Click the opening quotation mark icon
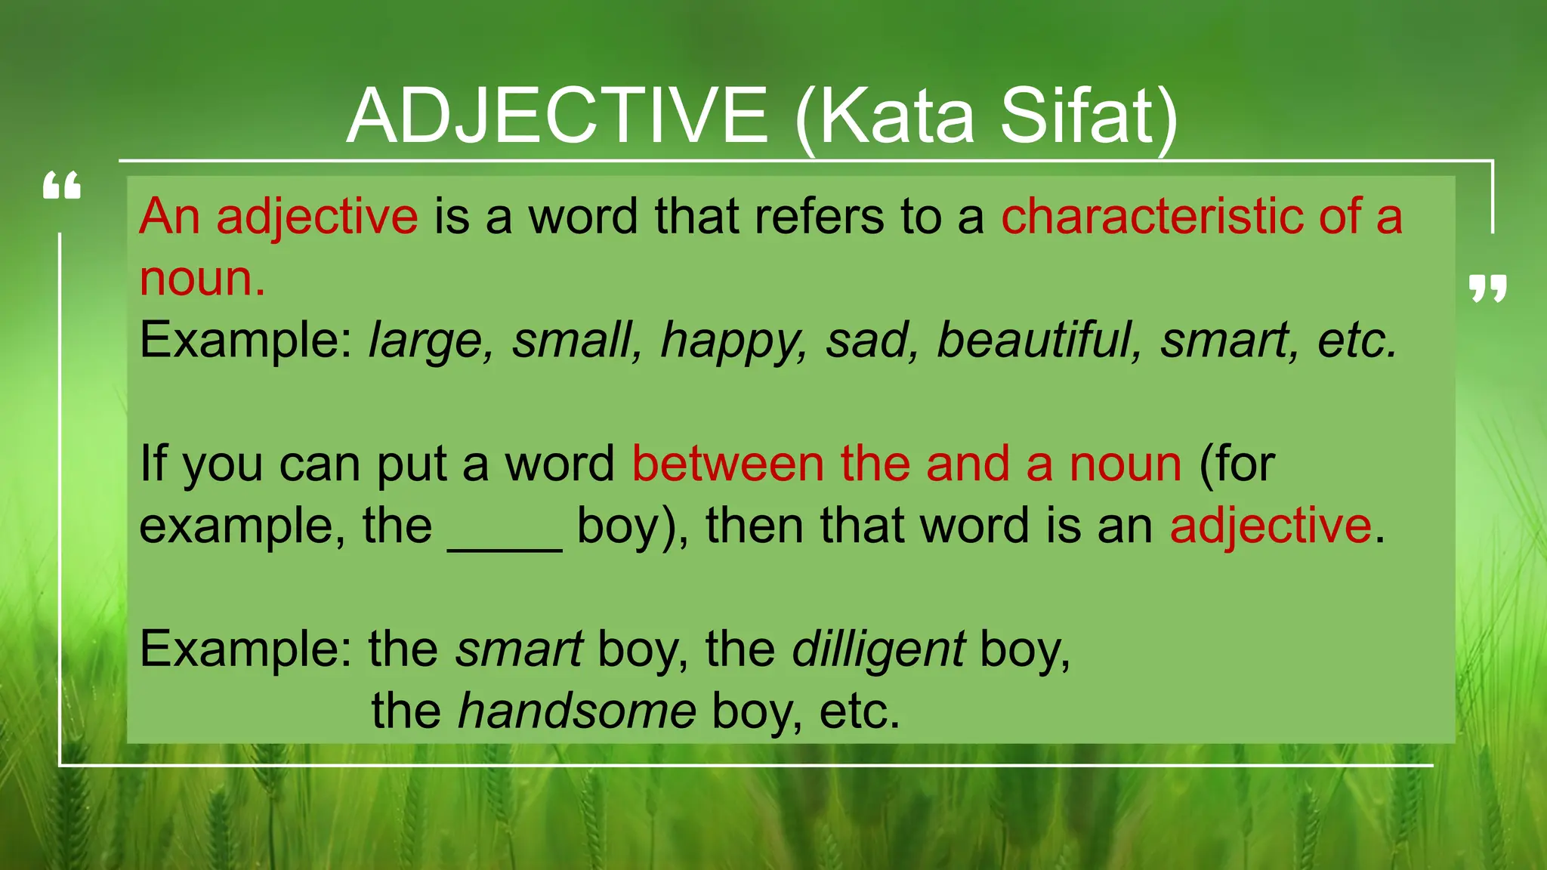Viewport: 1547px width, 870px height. coord(62,186)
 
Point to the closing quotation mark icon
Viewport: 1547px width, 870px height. coord(1487,288)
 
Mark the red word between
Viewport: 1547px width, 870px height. coord(727,464)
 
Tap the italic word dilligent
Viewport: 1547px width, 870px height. coord(878,649)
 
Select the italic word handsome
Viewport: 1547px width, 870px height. coord(577,711)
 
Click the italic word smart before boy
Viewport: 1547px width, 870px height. coord(519,649)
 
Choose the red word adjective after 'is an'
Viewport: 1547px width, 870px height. coord(1271,526)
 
